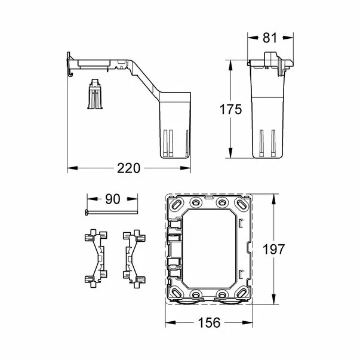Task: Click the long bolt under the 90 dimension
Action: (111, 212)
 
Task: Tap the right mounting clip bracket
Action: (134, 256)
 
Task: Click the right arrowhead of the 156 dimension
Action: (251, 322)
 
